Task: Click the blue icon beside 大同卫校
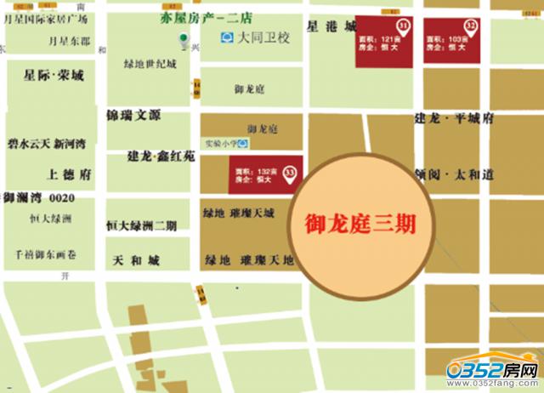pyautogui.click(x=226, y=37)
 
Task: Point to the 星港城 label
pyautogui.click(x=332, y=26)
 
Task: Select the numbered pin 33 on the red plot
pyautogui.click(x=291, y=173)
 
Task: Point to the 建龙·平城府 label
pyautogui.click(x=454, y=119)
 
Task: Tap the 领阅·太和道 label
pyautogui.click(x=455, y=174)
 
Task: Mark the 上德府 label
pyautogui.click(x=70, y=174)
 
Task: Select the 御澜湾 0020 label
pyautogui.click(x=39, y=198)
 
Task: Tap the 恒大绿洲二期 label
pyautogui.click(x=141, y=226)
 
